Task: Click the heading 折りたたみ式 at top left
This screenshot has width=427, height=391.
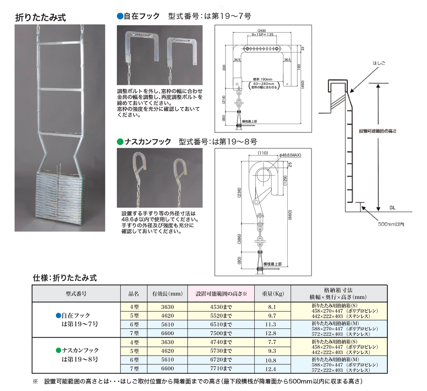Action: pyautogui.click(x=40, y=17)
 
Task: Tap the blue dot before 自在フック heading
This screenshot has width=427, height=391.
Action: pyautogui.click(x=120, y=16)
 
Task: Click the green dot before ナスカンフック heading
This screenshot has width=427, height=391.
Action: pyautogui.click(x=120, y=142)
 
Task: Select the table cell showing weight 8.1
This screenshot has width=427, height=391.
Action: pyautogui.click(x=272, y=307)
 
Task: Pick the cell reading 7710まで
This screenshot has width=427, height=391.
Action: pyautogui.click(x=221, y=369)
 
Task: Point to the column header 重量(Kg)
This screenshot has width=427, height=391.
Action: pyautogui.click(x=273, y=294)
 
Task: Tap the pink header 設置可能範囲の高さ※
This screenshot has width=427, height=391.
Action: pyautogui.click(x=221, y=294)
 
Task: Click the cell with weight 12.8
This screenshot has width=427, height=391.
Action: pyautogui.click(x=272, y=333)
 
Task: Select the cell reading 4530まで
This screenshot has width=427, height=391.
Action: pyautogui.click(x=221, y=307)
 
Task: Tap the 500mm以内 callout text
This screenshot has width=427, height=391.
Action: pyautogui.click(x=391, y=224)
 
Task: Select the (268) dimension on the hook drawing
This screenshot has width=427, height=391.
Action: pyautogui.click(x=262, y=31)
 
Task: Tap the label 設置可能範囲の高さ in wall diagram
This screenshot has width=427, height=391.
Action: pyautogui.click(x=378, y=131)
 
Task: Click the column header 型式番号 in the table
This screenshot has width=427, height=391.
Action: pyautogui.click(x=76, y=294)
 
